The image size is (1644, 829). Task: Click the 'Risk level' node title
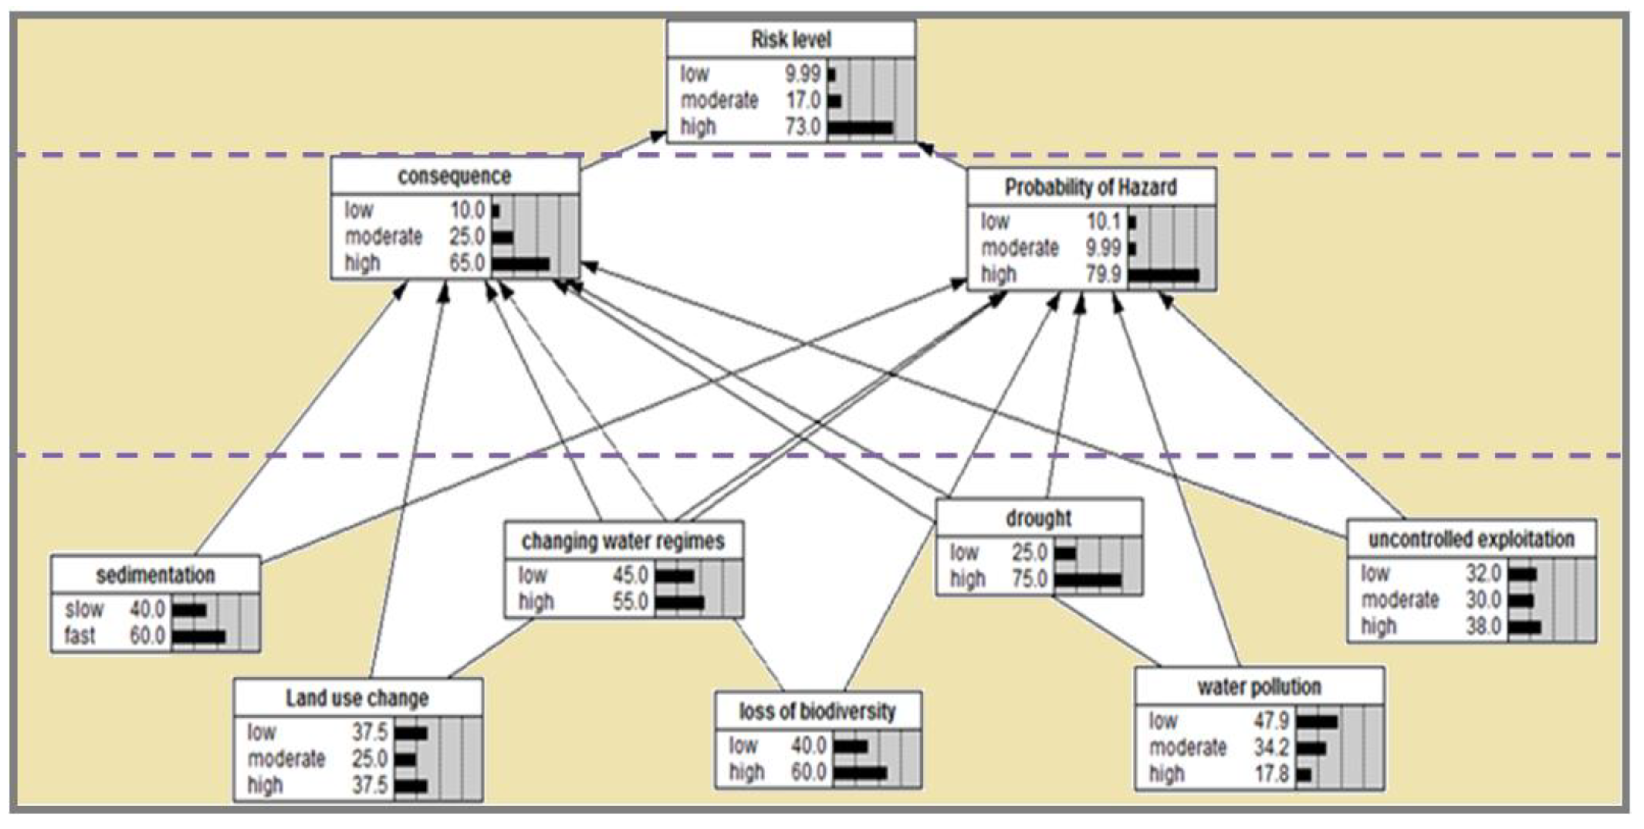[791, 40]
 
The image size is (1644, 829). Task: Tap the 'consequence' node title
[454, 176]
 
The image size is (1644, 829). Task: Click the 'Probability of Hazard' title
[1091, 187]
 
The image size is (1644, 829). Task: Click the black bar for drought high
[1087, 579]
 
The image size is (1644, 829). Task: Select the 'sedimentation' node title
[155, 575]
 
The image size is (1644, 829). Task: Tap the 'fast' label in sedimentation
[80, 636]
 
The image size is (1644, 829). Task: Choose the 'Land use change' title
[357, 698]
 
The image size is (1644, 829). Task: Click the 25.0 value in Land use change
[370, 759]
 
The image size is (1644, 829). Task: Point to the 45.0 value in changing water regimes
[631, 575]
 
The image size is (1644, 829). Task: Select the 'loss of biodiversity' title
[818, 711]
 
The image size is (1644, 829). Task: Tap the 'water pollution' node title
[1259, 687]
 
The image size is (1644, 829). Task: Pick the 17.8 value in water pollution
[1272, 774]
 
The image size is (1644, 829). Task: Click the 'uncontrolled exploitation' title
[1471, 539]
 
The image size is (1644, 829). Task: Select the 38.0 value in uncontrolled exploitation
[1483, 626]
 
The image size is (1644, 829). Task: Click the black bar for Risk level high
[860, 128]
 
